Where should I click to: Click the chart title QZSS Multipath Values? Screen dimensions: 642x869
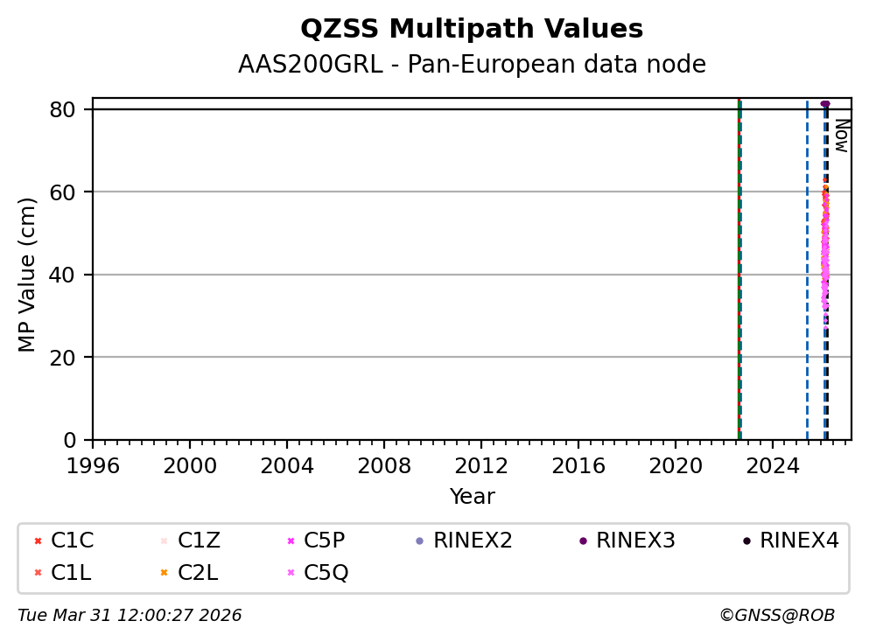[472, 30]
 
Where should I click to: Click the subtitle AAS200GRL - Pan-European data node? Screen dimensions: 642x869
[472, 65]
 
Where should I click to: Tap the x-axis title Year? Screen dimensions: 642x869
[472, 497]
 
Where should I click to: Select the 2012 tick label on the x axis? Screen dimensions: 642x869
[481, 464]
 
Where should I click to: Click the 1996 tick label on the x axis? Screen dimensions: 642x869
[93, 464]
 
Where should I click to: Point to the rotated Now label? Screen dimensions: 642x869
[841, 136]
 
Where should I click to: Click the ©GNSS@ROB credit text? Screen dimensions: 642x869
[776, 616]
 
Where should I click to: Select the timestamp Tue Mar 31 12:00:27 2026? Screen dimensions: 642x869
[130, 616]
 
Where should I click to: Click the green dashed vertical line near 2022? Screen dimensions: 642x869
[740, 262]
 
